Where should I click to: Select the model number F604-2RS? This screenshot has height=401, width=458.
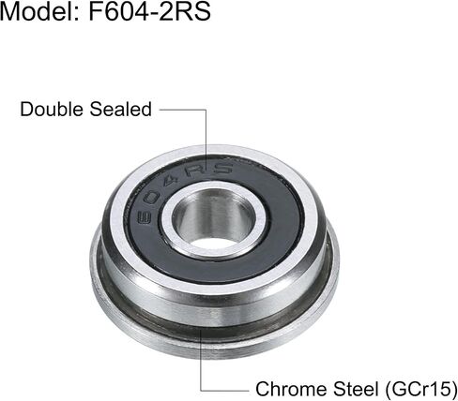tap(149, 11)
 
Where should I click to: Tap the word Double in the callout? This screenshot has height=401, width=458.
tap(52, 110)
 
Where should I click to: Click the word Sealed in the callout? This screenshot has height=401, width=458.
tap(121, 110)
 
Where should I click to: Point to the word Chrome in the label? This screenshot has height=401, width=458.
tap(292, 389)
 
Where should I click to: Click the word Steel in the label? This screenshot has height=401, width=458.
tap(356, 389)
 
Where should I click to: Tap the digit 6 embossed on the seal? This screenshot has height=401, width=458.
tap(145, 216)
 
